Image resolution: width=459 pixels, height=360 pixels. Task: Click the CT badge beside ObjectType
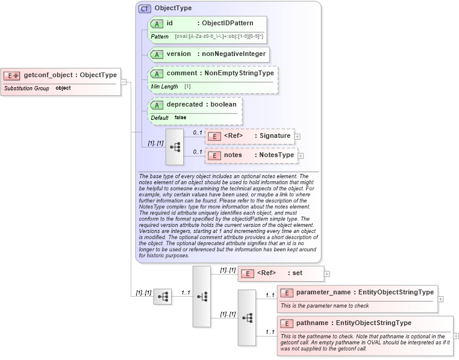[145, 9]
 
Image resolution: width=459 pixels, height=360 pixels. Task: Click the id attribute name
[170, 23]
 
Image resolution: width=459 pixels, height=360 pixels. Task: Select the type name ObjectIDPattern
[228, 23]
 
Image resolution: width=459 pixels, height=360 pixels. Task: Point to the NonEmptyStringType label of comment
[239, 73]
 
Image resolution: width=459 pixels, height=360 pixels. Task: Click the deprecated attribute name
[184, 104]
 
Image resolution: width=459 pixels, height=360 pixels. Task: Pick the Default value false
[180, 117]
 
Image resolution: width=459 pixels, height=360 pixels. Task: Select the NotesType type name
[276, 155]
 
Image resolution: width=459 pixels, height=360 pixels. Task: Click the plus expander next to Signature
[298, 137]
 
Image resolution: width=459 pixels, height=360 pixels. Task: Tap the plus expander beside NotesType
[301, 156]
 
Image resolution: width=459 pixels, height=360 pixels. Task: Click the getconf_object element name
[48, 75]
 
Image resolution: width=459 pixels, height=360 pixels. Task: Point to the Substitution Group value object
[63, 88]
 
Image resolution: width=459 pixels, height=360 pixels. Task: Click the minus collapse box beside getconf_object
[123, 82]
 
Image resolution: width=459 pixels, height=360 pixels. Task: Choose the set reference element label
[297, 273]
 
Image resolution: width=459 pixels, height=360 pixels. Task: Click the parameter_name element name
[323, 292]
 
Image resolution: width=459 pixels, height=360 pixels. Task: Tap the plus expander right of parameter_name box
[441, 299]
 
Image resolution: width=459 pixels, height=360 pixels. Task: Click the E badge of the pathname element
[287, 323]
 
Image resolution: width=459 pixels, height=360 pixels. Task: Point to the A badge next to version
[157, 54]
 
